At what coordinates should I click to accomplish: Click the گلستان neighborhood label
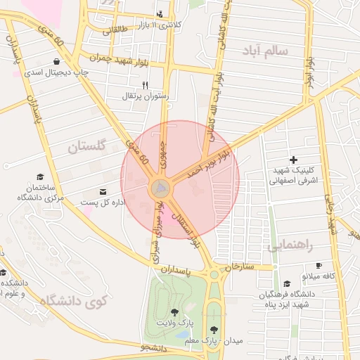(x=87, y=146)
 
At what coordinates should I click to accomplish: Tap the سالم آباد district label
(x=264, y=51)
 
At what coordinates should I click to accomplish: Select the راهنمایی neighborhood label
(x=289, y=245)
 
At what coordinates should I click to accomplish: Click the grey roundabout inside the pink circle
(x=161, y=188)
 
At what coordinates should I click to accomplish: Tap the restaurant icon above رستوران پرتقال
(x=145, y=84)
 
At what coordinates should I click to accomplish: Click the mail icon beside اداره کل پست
(x=104, y=192)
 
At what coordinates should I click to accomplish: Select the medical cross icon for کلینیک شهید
(x=293, y=160)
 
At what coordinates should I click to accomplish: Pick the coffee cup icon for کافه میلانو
(x=319, y=266)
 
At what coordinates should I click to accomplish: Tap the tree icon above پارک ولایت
(x=174, y=311)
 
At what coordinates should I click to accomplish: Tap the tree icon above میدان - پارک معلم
(x=214, y=329)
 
